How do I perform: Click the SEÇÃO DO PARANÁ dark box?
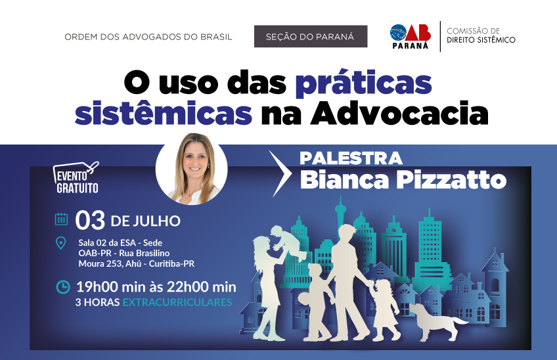(x=311, y=36)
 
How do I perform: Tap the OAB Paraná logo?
(x=411, y=36)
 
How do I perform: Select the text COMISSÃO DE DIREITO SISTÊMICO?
(x=481, y=35)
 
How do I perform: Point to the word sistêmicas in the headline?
(x=164, y=114)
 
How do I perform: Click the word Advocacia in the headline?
(x=399, y=114)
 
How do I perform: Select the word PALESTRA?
(x=351, y=158)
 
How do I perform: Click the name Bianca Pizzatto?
(x=403, y=180)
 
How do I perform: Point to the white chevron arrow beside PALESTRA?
(x=280, y=173)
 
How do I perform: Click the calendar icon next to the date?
(x=62, y=219)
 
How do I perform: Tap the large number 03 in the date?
(x=90, y=220)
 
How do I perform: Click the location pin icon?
(x=61, y=243)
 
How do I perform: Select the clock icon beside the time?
(x=63, y=287)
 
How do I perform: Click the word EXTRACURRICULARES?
(x=177, y=302)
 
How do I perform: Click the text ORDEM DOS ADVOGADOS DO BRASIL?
(x=148, y=37)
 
